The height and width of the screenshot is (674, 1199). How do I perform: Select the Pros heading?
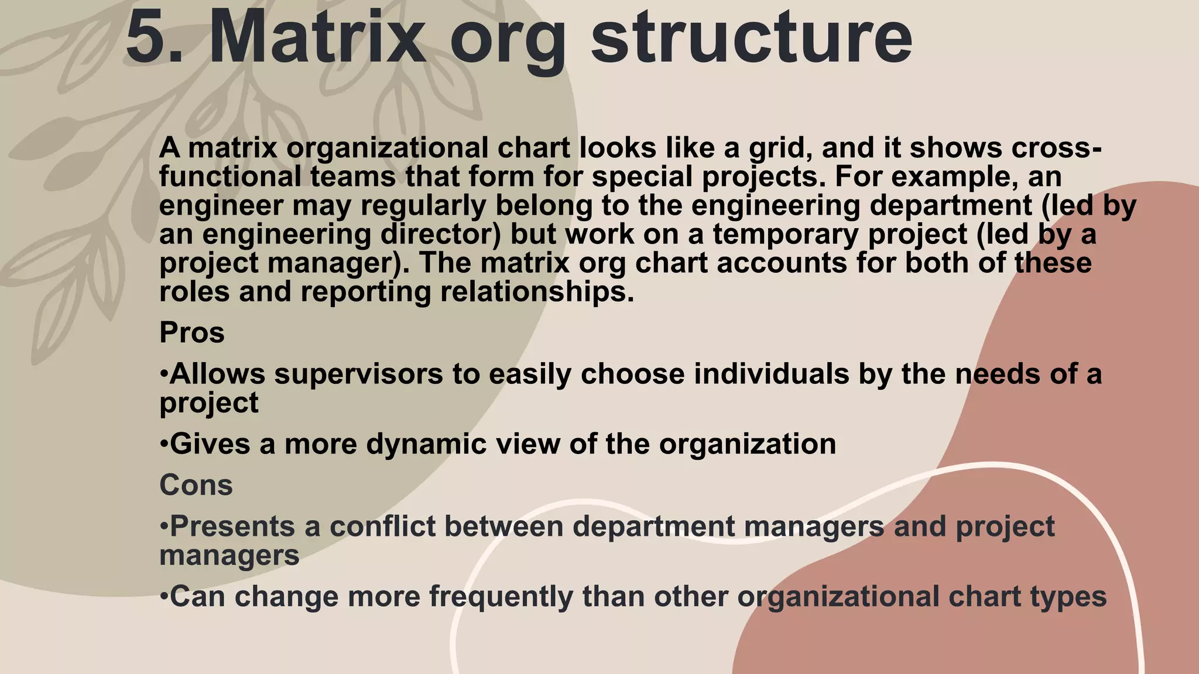point(192,333)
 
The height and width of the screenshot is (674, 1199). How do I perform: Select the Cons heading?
point(196,485)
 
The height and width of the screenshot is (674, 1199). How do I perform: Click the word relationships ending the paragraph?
point(537,292)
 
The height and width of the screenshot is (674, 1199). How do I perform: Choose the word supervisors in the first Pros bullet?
point(358,374)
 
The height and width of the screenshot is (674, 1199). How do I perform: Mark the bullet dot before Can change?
point(164,597)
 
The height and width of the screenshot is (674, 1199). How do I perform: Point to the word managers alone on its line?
point(229,555)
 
